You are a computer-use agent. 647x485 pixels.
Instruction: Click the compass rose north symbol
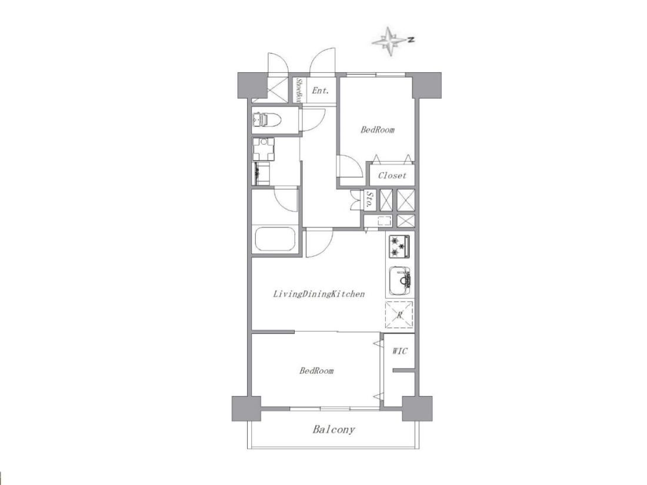coord(389,41)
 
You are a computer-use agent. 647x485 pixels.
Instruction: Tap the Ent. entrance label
coord(320,91)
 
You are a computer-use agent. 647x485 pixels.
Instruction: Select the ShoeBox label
coord(299,91)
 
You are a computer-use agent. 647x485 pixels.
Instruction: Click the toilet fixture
coord(266,120)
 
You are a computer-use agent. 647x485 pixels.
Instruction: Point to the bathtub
coord(275,239)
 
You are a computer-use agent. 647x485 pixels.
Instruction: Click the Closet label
coord(392,175)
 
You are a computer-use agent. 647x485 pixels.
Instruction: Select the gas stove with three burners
coord(399,246)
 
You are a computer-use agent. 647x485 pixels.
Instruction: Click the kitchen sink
coord(399,281)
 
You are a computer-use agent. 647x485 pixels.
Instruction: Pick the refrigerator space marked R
coord(399,315)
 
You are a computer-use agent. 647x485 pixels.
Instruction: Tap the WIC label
coord(399,351)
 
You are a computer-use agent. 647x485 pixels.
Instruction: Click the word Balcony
coord(333,430)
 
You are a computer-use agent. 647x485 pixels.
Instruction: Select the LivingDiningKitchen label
coord(319,294)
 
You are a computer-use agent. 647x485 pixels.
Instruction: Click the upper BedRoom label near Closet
coord(378,130)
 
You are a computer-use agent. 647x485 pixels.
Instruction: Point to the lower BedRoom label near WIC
coord(316,371)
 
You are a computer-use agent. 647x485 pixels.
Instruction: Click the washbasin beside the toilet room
coord(264,149)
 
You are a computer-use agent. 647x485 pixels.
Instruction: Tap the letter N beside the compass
coord(411,40)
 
